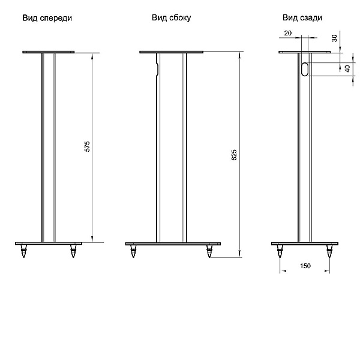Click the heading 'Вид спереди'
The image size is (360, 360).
pyautogui.click(x=47, y=19)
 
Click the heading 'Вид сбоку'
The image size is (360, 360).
pyautogui.click(x=171, y=19)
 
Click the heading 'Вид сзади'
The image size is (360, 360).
pyautogui.click(x=302, y=19)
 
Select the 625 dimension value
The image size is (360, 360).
pyautogui.click(x=235, y=155)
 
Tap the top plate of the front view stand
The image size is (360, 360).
pyautogui.click(x=49, y=53)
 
